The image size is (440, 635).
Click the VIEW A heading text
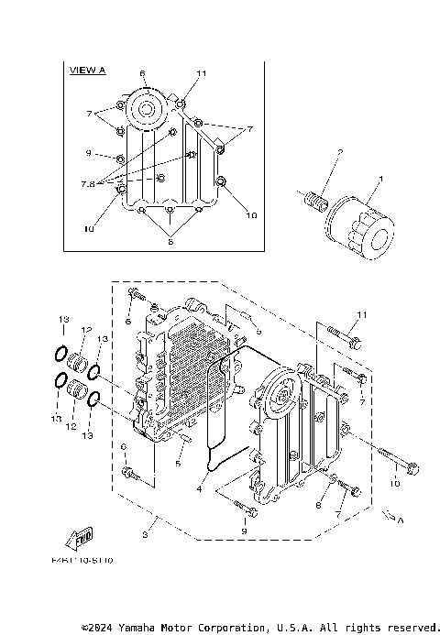88,70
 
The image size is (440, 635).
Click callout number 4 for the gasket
198,488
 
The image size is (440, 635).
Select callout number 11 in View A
202,72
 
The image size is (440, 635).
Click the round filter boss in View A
145,109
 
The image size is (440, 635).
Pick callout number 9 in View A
90,152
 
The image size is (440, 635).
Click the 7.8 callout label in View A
89,183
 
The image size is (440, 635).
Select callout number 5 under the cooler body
179,464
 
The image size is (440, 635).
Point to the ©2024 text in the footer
97,627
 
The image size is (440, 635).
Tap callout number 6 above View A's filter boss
142,72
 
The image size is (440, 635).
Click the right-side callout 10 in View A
251,214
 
